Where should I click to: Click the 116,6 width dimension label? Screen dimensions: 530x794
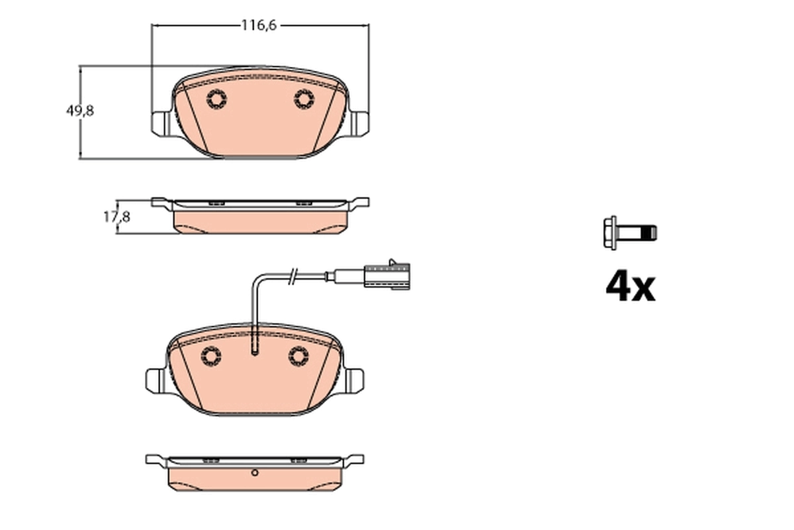258,25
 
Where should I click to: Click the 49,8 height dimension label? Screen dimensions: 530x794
79,111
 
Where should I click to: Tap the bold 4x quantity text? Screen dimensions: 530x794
630,286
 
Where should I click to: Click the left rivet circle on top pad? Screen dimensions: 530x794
216,99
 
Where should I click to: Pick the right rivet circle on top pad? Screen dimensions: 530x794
304,99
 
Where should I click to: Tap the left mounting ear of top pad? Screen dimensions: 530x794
160,123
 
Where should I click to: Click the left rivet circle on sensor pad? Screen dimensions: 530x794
211,356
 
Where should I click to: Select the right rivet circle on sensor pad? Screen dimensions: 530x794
299,356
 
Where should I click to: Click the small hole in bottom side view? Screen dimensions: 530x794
255,473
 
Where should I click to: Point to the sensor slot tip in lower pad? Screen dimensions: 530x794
255,353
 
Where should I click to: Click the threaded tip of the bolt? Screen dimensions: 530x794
652,233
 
